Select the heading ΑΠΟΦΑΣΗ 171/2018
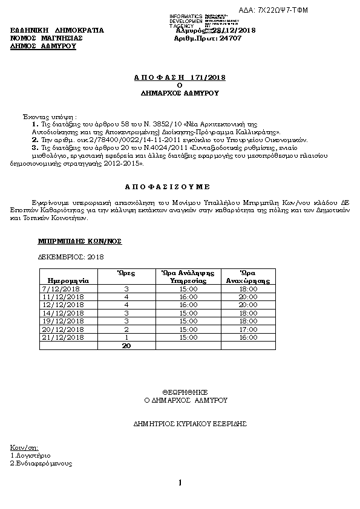(x=179, y=78)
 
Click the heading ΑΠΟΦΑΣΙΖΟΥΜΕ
(x=179, y=187)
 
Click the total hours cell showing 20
(x=126, y=345)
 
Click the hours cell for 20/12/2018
(x=126, y=329)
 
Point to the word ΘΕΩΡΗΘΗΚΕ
(x=179, y=392)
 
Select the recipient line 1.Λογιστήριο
(x=31, y=455)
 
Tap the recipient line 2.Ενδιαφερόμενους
(x=41, y=464)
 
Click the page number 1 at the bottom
(x=180, y=482)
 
